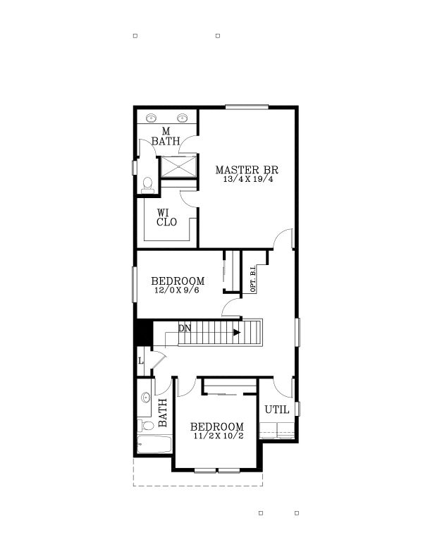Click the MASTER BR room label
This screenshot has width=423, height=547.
(247, 170)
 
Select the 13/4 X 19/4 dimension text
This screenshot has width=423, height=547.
(247, 180)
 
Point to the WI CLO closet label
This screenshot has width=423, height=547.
(167, 217)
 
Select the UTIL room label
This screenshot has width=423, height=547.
(276, 410)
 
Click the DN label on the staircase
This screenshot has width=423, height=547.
(185, 328)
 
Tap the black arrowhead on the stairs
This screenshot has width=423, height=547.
(237, 332)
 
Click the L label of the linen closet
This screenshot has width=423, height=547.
(142, 361)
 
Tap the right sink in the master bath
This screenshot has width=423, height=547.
(183, 118)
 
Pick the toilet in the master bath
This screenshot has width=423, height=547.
(147, 185)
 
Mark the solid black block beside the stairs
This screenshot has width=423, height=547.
(143, 332)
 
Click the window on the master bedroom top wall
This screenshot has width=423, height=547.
(247, 107)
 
